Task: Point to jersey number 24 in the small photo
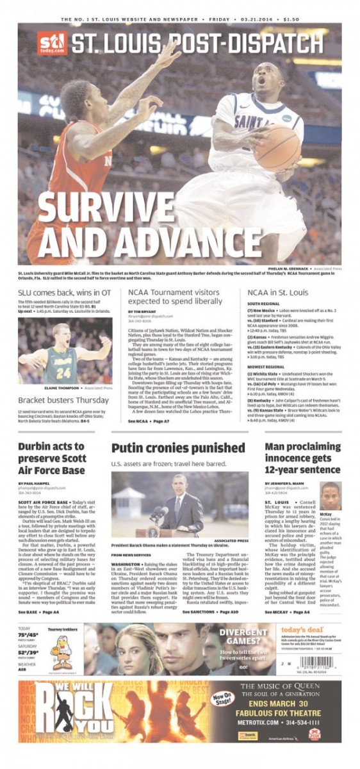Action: [x=63, y=373]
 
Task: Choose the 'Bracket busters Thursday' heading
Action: [x=63, y=401]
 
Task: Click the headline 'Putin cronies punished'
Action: [x=177, y=447]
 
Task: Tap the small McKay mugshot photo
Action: [x=331, y=497]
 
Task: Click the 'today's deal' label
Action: [x=300, y=629]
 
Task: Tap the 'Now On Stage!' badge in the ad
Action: [x=221, y=695]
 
